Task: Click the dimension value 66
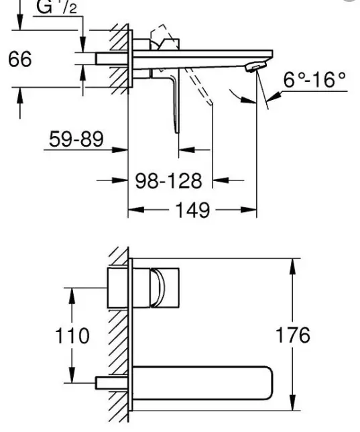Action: (20, 58)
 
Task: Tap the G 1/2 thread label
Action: (56, 7)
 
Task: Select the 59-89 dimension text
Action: (76, 139)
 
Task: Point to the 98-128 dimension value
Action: (168, 180)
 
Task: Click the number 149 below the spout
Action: (192, 210)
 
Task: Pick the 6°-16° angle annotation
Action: (314, 80)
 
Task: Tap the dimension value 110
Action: (72, 335)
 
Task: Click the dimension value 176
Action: (293, 335)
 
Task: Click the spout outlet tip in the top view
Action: (256, 67)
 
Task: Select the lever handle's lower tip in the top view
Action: (177, 131)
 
